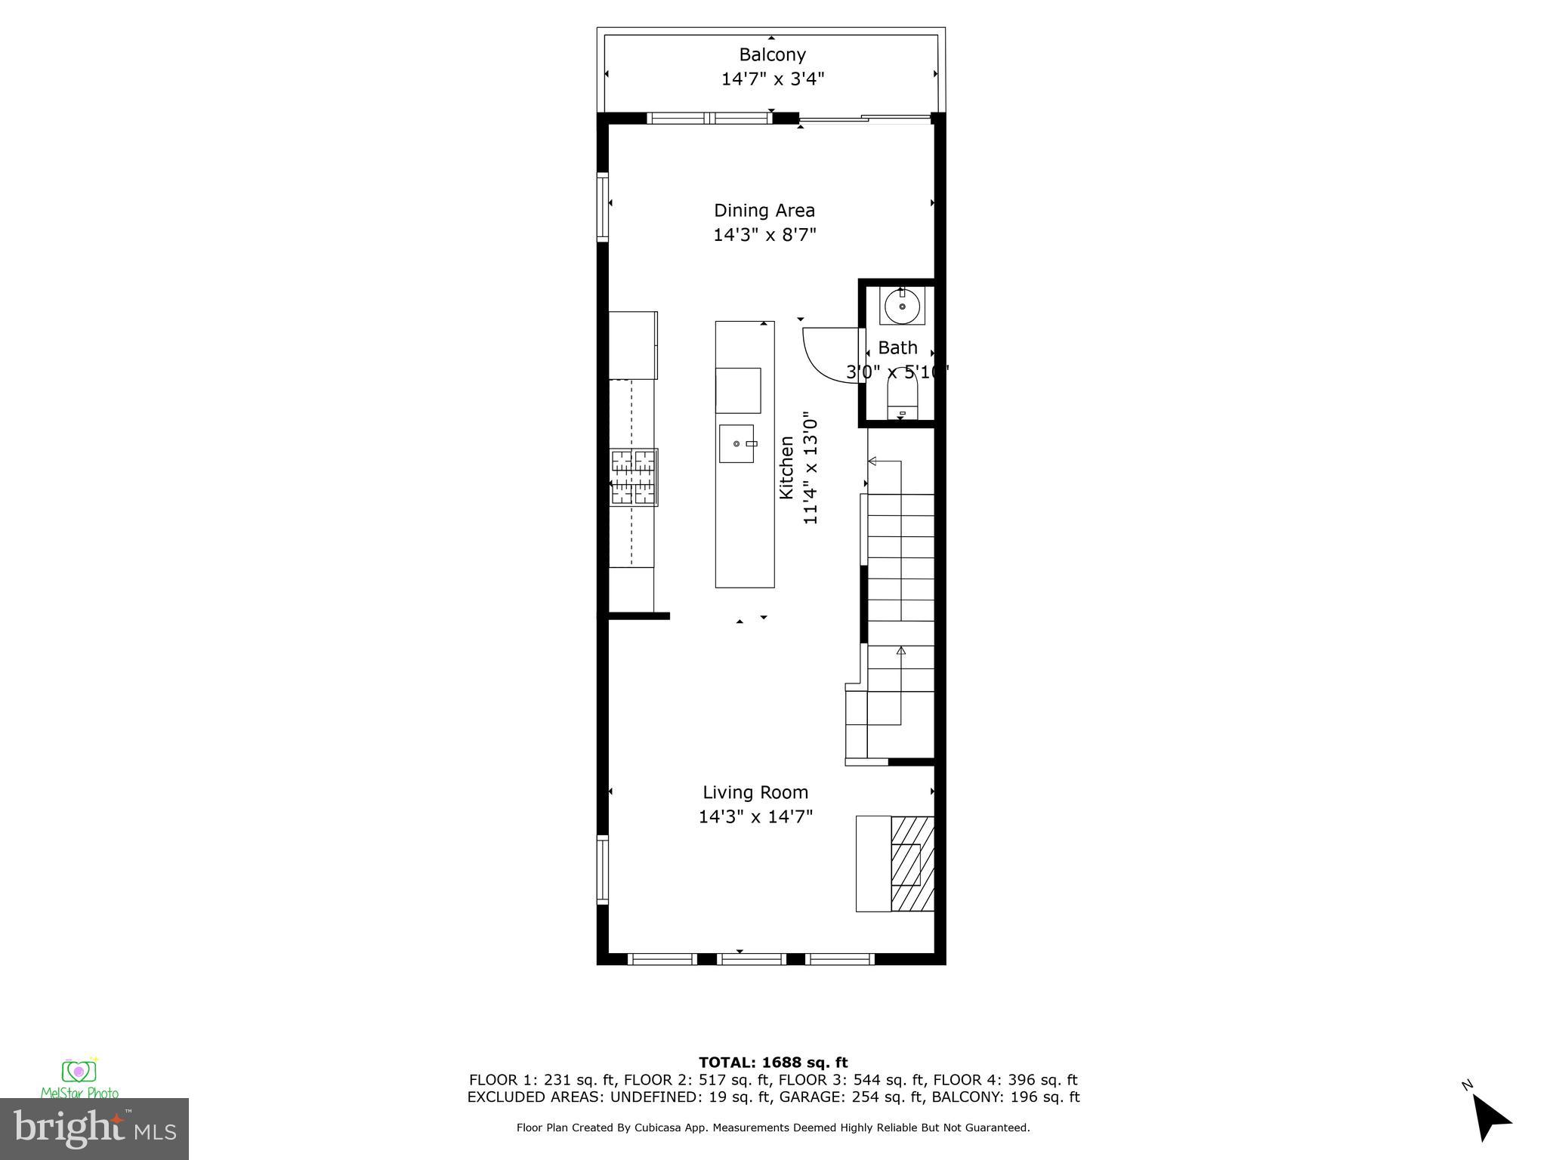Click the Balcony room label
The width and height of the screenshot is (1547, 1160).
tap(772, 54)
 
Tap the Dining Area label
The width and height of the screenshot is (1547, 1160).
tap(764, 210)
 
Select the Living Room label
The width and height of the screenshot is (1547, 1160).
tap(755, 792)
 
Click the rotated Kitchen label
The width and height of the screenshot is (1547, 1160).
tap(786, 467)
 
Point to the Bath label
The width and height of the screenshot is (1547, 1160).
tap(897, 348)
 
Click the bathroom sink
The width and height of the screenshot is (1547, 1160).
tap(902, 307)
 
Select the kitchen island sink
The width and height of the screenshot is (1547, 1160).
tap(736, 443)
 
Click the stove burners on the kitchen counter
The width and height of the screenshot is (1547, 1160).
tap(634, 477)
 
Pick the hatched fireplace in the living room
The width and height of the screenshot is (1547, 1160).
tap(912, 864)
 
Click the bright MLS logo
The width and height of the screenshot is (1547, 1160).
tap(94, 1128)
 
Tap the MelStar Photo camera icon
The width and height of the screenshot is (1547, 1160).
tap(79, 1072)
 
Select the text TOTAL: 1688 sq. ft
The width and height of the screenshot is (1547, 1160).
tap(773, 1063)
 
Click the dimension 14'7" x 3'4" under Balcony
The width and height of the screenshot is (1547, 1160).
tap(772, 79)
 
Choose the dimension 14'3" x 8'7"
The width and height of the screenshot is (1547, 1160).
tap(764, 235)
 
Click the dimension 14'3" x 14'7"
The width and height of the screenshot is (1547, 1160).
tap(755, 816)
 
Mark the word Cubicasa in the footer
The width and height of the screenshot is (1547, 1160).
tap(656, 1128)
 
